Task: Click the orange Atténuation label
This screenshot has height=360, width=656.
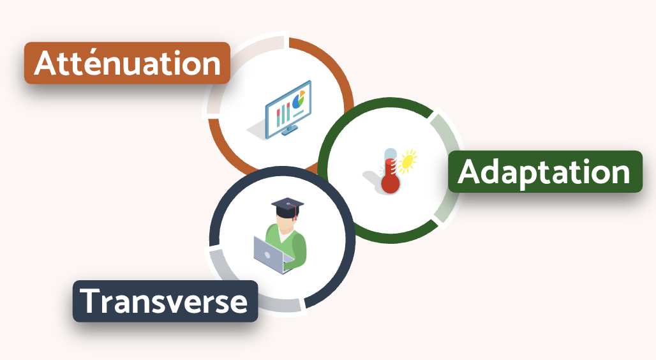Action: point(127,63)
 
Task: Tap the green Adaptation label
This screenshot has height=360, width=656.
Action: point(545,172)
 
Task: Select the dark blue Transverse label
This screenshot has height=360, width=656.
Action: point(165,301)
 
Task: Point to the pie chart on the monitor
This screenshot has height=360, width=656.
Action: point(299,100)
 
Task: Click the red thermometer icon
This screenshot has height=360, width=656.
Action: point(391,171)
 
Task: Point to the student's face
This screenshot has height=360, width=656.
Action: point(286,225)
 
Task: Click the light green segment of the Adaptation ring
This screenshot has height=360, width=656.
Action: point(446,167)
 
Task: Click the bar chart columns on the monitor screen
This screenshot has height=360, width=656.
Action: point(283,114)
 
